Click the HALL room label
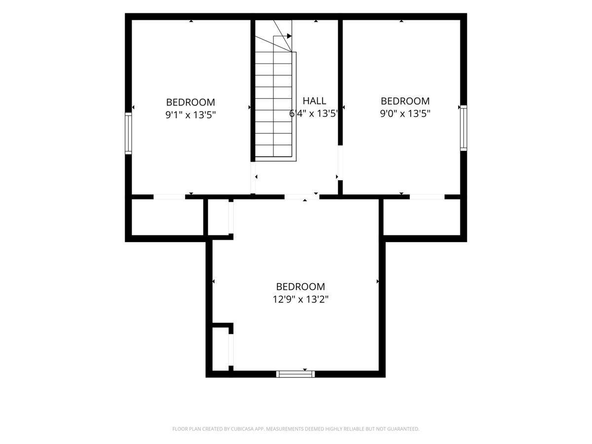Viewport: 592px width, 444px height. (x=314, y=101)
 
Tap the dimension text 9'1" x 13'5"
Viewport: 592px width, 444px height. (x=191, y=115)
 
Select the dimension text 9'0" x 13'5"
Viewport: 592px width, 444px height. (x=405, y=114)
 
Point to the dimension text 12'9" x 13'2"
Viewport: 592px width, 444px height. (x=300, y=299)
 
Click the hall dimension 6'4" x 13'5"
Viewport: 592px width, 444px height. (x=313, y=114)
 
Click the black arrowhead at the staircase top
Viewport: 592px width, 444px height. (x=289, y=36)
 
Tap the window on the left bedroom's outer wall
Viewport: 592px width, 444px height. (x=128, y=133)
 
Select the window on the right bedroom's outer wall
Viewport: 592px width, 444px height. (x=463, y=128)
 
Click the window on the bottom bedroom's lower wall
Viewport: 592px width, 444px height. (x=296, y=374)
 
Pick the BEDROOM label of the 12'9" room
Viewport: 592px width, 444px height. (x=300, y=286)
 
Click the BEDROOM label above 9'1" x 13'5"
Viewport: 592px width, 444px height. (x=191, y=102)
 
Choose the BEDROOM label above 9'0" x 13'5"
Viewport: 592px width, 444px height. (x=405, y=101)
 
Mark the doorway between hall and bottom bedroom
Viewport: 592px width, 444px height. (x=302, y=197)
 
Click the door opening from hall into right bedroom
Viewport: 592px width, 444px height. (x=340, y=163)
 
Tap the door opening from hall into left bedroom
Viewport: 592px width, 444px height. (x=253, y=178)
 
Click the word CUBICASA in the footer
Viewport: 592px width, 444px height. (x=242, y=429)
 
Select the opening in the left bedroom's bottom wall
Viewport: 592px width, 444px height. (x=169, y=197)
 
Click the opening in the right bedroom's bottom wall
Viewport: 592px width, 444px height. (x=427, y=197)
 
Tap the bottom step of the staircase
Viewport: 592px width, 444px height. (x=273, y=151)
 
